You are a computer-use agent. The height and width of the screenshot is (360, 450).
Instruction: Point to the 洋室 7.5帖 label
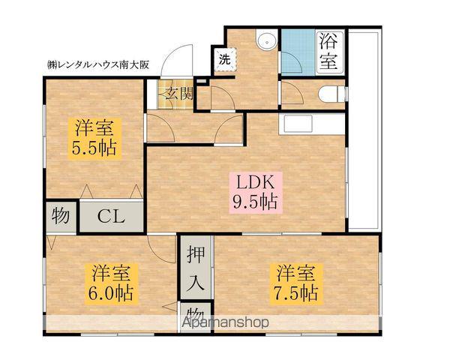click(x=295, y=281)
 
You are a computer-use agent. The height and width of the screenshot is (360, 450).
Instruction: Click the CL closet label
click(x=112, y=217)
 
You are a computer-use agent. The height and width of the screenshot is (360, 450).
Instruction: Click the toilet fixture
click(x=331, y=93)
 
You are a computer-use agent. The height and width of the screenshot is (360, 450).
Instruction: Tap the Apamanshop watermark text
click(x=224, y=323)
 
